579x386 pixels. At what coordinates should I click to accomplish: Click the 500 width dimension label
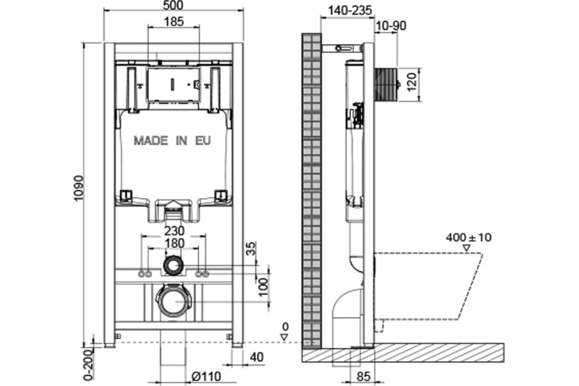click(173, 5)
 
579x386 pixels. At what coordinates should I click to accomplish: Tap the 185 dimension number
click(174, 22)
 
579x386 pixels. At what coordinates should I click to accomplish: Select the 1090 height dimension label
click(79, 188)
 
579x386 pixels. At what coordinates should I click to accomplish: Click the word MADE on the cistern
click(151, 140)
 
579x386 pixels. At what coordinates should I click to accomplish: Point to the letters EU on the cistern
click(203, 140)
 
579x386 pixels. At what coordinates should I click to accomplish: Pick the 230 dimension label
click(175, 231)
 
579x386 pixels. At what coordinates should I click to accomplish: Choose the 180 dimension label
click(175, 243)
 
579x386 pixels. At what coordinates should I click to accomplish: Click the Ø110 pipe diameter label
click(206, 376)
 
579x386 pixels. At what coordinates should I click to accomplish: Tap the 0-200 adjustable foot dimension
click(89, 365)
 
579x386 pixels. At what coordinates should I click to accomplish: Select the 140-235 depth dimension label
click(350, 11)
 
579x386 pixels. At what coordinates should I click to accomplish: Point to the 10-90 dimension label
click(391, 26)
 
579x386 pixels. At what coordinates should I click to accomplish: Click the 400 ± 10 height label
click(469, 237)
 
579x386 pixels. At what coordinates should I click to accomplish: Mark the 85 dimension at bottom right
click(363, 377)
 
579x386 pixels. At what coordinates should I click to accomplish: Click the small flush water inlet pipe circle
click(173, 265)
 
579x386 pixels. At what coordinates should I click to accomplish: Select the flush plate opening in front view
click(173, 84)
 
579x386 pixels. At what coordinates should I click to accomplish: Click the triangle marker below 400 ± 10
click(466, 248)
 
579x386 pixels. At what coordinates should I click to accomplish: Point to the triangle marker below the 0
click(285, 337)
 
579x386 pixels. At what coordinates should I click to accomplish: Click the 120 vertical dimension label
click(412, 82)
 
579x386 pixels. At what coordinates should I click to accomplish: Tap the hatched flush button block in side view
click(386, 84)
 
